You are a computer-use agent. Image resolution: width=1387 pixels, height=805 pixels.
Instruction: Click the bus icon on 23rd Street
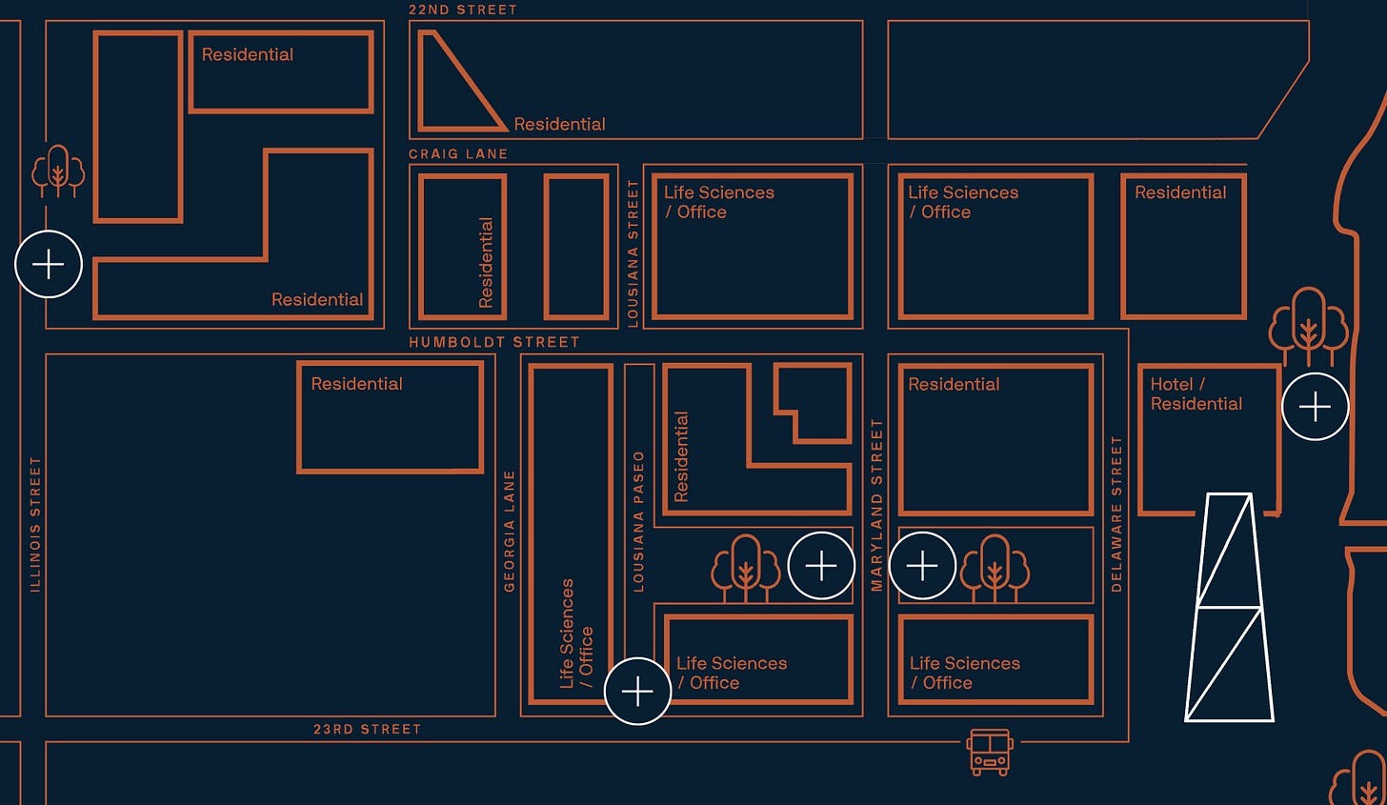(990, 752)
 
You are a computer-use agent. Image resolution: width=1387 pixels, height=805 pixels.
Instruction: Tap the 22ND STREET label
(463, 10)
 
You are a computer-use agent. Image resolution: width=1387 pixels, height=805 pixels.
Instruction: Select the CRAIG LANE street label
(458, 153)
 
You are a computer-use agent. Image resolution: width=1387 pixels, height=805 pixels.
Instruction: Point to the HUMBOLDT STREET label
(494, 342)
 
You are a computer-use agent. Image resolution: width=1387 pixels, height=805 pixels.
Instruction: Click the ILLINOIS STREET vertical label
(35, 524)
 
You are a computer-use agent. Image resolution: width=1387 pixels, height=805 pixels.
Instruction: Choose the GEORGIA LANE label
(510, 531)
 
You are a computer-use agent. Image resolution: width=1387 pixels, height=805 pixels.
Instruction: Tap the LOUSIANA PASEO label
(639, 521)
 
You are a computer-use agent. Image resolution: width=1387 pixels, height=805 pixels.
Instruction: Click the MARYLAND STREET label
(877, 505)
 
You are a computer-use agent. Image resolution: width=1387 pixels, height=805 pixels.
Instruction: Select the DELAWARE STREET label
(1116, 514)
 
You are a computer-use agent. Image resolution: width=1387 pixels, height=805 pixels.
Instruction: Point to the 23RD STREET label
(368, 730)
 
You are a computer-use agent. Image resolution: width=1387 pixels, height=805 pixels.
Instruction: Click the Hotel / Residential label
(1196, 393)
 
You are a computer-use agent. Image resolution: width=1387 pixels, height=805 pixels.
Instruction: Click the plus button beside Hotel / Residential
(1315, 407)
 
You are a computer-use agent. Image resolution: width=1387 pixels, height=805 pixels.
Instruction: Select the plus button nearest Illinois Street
(49, 264)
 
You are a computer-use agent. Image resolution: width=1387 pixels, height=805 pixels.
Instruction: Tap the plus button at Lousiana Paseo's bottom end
(637, 691)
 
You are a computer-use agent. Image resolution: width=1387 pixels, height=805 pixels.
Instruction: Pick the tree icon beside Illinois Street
(58, 171)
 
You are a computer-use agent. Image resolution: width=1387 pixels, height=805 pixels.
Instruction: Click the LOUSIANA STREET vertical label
(633, 253)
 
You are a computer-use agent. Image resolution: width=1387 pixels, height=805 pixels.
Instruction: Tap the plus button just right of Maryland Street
(922, 566)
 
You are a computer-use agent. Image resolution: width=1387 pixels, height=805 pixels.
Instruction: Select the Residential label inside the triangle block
(559, 124)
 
